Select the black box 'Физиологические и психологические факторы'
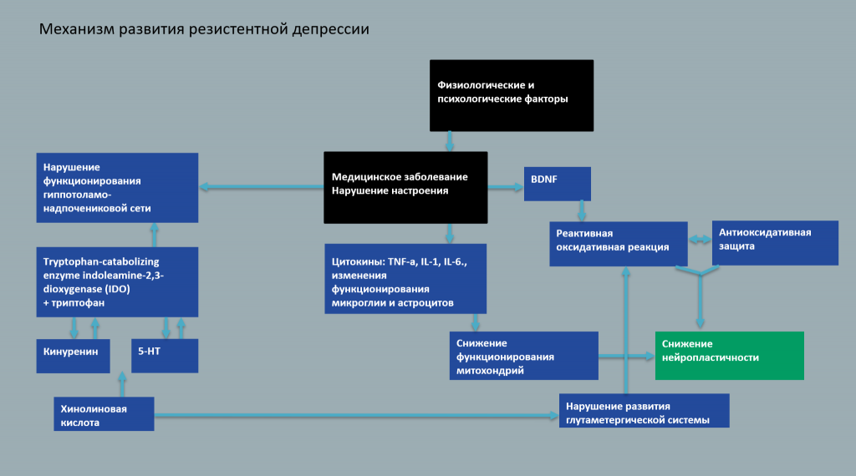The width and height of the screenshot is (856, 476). coord(512,95)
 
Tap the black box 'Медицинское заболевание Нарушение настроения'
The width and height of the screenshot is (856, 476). coord(405,187)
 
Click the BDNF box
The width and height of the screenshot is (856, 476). coord(558,184)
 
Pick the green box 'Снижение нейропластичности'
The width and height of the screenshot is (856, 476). coord(728,355)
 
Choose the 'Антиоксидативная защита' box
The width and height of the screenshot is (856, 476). coord(774,242)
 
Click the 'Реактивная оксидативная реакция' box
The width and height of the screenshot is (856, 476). coord(618,243)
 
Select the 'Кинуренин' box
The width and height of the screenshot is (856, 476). coord(74,355)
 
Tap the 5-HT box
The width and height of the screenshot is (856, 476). coord(164,355)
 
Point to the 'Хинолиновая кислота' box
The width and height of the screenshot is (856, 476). coord(104,413)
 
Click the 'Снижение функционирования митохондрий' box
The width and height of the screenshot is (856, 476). coord(523,356)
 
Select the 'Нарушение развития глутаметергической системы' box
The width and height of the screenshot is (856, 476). coord(644,411)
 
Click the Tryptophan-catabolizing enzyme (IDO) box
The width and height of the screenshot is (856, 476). coord(117,281)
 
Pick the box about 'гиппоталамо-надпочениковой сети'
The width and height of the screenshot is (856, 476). coord(117,187)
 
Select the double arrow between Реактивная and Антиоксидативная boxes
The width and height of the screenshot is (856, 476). coord(700,241)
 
